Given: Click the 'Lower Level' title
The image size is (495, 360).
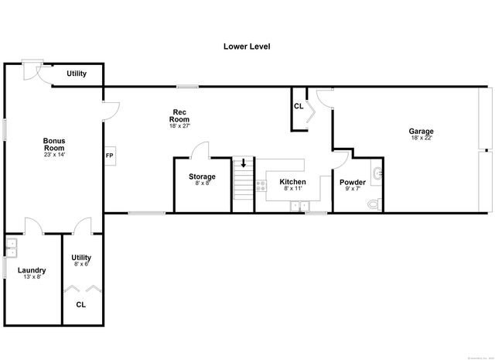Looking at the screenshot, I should click(x=247, y=46).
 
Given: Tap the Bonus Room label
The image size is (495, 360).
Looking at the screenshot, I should click(x=54, y=144).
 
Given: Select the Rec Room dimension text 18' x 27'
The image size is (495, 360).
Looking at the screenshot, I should click(x=179, y=126).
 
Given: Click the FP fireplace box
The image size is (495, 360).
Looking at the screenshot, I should click(x=109, y=154).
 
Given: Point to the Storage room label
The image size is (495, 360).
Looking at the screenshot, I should click(x=202, y=177).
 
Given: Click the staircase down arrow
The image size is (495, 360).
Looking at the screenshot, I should click(x=244, y=164).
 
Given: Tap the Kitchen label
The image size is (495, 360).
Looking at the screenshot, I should click(x=292, y=182).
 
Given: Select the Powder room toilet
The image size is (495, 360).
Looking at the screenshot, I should click(x=374, y=203).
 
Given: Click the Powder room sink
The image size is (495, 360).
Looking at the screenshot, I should click(x=377, y=173).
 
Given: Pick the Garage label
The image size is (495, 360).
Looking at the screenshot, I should click(x=421, y=131).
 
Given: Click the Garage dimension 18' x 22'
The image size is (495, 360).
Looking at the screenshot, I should click(x=421, y=139).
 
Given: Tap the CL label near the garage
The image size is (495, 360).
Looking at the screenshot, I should click(x=299, y=106).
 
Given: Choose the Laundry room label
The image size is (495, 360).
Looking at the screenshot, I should click(x=32, y=270).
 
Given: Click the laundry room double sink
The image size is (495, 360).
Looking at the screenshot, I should click(x=11, y=249).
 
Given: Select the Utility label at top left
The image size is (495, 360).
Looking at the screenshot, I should click(x=76, y=74).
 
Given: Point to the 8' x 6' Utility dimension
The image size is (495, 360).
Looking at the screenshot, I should click(x=81, y=264).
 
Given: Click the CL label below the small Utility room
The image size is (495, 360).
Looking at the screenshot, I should click(x=81, y=304).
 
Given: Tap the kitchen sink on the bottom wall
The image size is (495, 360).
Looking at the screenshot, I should click(x=299, y=206).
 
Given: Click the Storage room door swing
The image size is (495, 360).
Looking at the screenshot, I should click(x=201, y=149).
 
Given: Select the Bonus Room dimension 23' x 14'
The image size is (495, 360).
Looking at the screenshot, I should click(x=54, y=155).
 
